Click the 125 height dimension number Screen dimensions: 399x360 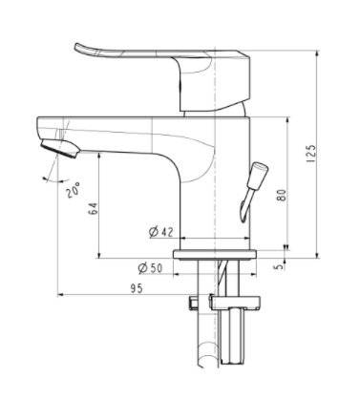click(324, 153)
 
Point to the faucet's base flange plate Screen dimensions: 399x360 click(219, 254)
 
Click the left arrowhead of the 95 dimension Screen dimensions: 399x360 click(62, 294)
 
